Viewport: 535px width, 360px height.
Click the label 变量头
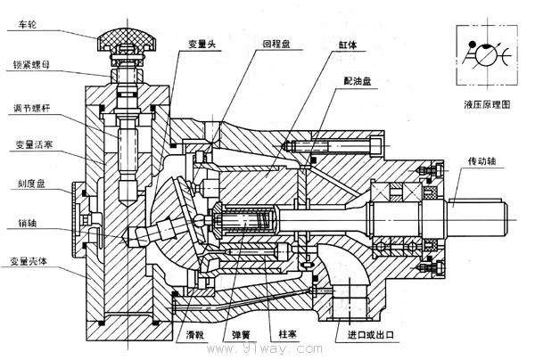pos(202,44)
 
